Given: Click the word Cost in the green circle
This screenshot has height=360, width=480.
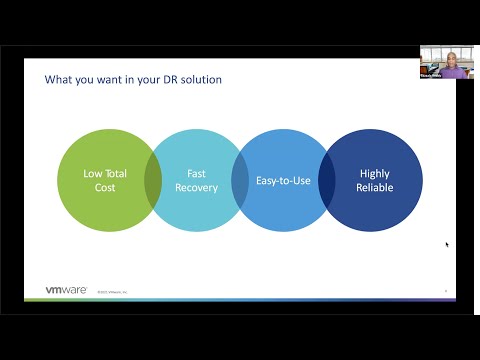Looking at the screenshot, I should click(105, 187).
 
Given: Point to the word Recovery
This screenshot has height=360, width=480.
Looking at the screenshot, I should click(197, 187).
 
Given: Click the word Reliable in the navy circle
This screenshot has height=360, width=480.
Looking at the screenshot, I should click(375, 187).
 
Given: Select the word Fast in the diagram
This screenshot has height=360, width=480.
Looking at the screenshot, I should click(197, 173).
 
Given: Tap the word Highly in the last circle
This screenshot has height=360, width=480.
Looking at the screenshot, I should click(375, 173).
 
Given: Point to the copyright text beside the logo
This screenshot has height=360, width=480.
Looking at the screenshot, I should click(112, 292).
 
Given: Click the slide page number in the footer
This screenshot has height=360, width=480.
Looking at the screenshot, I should click(445, 291).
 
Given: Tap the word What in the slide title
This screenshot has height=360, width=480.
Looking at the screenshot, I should click(57, 79).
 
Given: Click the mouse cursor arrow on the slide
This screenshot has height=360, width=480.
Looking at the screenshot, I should click(447, 244).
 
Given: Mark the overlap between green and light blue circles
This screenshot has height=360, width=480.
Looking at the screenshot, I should click(152, 180).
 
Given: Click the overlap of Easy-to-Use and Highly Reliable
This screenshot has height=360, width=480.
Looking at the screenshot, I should click(326, 180).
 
